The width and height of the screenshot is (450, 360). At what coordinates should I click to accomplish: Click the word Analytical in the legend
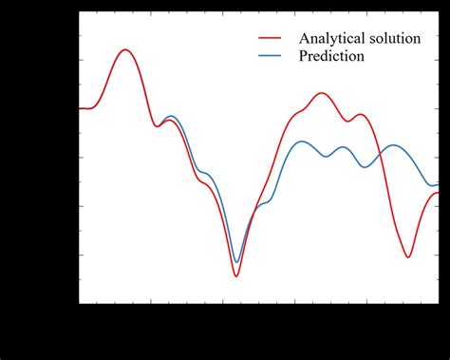332,39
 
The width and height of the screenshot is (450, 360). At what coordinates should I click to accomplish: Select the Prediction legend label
331,56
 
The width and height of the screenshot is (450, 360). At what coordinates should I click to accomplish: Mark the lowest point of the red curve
236,276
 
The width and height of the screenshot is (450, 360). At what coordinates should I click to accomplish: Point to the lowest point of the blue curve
236,261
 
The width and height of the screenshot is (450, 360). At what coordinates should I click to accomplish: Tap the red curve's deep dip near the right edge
408,256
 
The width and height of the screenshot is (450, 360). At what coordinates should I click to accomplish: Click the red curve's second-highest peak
321,93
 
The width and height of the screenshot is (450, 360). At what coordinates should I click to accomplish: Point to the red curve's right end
438,193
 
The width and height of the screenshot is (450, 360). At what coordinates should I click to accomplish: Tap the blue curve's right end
438,184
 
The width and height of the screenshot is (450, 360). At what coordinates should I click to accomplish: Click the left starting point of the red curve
79,108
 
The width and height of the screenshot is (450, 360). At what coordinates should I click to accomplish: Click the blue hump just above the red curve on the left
171,116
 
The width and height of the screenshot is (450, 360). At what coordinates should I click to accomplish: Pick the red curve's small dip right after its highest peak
159,126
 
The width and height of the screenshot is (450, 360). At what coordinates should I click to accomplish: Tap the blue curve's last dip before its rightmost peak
366,167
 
